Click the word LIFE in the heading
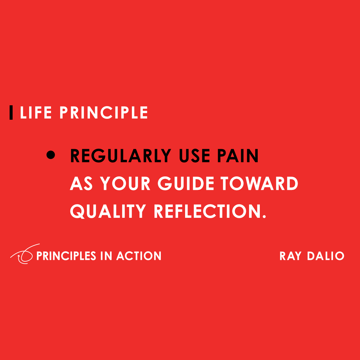(36, 113)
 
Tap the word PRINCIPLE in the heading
(103, 113)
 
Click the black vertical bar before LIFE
(11, 113)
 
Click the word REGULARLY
(121, 156)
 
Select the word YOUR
(125, 184)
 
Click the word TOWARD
(259, 184)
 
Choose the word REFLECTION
(208, 211)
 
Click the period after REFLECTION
(264, 217)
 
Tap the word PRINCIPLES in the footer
(66, 256)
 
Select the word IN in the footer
(106, 256)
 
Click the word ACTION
(139, 256)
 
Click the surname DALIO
(325, 256)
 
